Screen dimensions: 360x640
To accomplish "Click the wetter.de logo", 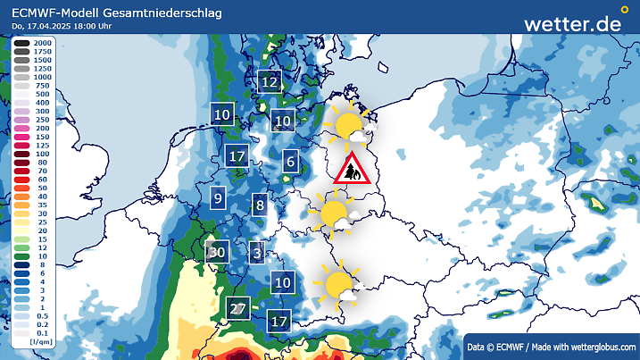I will (572, 23).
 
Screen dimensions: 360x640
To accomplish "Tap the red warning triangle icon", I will (349, 169).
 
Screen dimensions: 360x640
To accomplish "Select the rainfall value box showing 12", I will (270, 82).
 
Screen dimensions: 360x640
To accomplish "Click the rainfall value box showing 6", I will (290, 162).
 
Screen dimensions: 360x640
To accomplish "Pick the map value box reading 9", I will (218, 197).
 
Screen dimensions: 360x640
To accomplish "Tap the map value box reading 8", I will (260, 205).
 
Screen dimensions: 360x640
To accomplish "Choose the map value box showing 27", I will (237, 309).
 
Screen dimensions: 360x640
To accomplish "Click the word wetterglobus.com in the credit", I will (603, 347).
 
